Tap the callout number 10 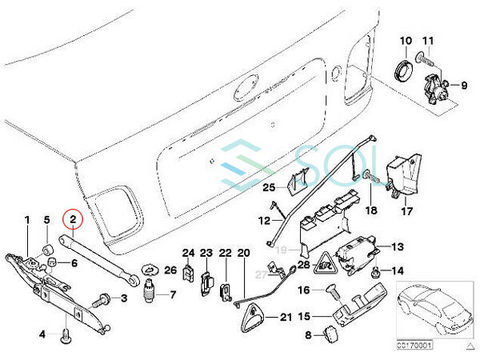tap(405, 41)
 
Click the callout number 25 tap(269, 187)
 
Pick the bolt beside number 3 tap(101, 301)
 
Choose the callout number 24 tap(188, 254)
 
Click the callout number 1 tap(27, 219)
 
